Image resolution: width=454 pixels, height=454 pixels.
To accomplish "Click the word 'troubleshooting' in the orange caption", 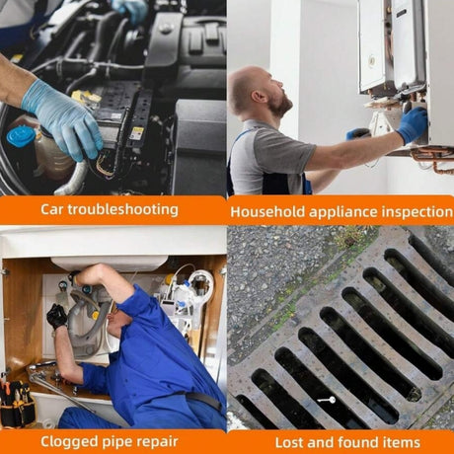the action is pos(123,209).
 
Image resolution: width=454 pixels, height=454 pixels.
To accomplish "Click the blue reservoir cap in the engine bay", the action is pos(21,137).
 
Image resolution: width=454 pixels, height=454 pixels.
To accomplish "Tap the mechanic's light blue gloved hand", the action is pos(62,119).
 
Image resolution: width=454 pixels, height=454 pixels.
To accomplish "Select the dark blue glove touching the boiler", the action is pos(412,124).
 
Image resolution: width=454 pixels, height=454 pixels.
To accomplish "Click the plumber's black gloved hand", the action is pos(56,317).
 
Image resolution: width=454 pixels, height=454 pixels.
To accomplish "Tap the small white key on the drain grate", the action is pos(327,400).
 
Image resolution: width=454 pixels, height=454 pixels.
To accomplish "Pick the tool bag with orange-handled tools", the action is pos(17,404).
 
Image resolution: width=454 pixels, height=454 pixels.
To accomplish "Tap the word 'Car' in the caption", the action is pos(52,209).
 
